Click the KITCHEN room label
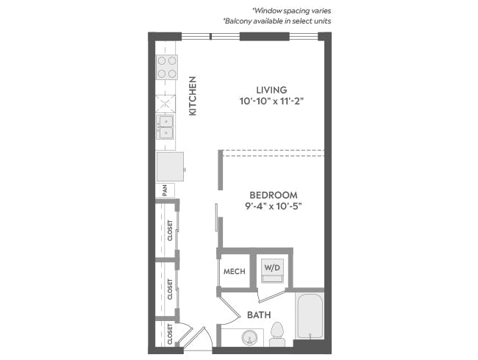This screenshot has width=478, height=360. point(193,96)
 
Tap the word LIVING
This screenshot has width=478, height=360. point(271,90)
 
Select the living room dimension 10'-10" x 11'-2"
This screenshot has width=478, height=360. point(271,101)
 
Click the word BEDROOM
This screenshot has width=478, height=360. point(274,195)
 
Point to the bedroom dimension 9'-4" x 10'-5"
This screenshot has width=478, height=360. point(274,206)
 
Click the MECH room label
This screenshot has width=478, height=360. point(234,271)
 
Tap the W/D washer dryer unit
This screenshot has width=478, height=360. point(272,270)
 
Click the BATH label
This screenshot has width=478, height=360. point(259,314)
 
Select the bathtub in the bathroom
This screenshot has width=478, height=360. point(310,316)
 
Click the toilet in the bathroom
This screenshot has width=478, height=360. point(277,334)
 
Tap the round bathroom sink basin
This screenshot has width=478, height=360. point(249,338)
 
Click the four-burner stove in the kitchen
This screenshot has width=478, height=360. point(167,67)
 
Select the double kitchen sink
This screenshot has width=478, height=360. point(165,126)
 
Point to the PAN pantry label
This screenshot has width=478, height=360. point(165,190)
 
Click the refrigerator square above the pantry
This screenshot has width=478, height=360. point(170,167)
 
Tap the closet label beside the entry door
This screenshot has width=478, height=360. point(170,334)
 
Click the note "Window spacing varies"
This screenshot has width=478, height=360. point(291,11)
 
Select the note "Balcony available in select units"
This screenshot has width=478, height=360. point(277,21)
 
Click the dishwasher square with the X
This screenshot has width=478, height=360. point(165,104)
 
